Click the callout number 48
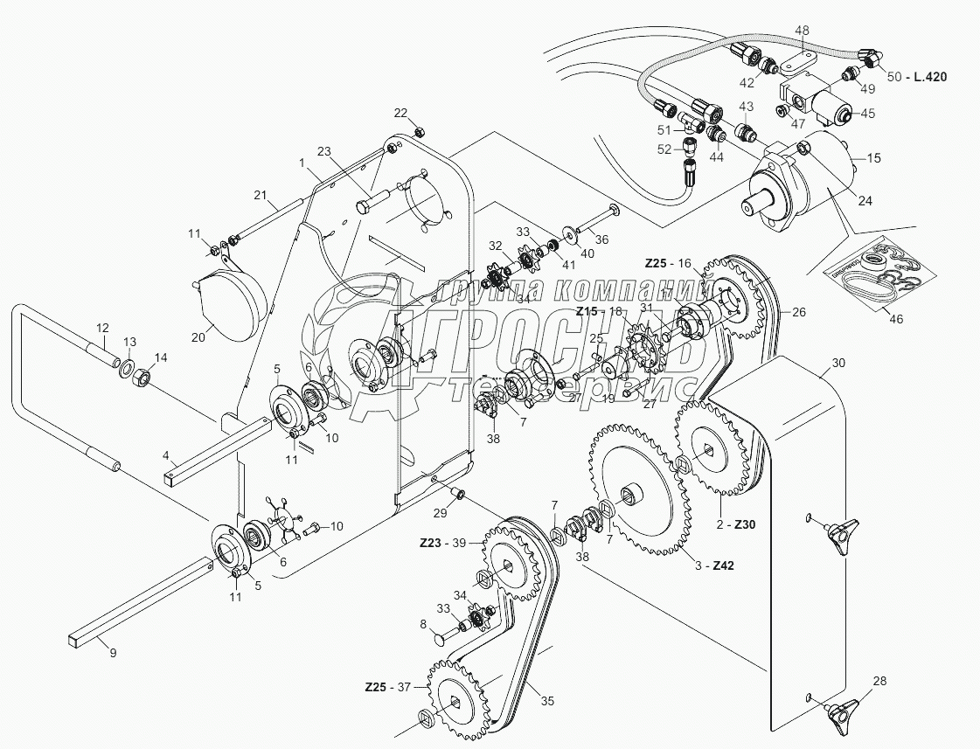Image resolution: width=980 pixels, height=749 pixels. pyautogui.click(x=802, y=30)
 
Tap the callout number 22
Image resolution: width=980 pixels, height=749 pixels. pyautogui.click(x=400, y=113)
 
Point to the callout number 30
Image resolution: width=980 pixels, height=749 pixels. pyautogui.click(x=838, y=362)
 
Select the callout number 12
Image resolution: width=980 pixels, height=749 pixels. pyautogui.click(x=101, y=328)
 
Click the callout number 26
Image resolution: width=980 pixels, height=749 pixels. pyautogui.click(x=799, y=311)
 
